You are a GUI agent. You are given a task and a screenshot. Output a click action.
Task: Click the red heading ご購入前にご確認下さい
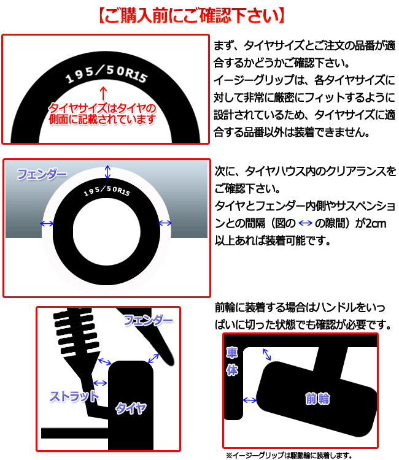coord(192,15)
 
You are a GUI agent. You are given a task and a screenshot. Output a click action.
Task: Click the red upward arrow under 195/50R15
coord(103,93)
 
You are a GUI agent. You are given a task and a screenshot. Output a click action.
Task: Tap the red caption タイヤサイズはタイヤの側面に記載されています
coord(102,114)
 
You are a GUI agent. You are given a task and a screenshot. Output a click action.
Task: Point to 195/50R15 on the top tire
coord(106,74)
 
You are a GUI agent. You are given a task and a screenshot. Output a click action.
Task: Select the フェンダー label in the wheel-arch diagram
coord(42,175)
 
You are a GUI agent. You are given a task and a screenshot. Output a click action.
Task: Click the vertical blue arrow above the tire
coord(108,172)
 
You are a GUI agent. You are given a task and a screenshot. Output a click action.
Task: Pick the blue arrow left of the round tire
coord(47,224)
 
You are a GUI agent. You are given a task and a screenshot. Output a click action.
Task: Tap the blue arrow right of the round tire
coord(165,223)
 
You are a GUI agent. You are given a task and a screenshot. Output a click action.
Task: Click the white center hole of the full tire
coord(107,231)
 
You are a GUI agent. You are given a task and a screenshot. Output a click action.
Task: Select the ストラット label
coord(74,396)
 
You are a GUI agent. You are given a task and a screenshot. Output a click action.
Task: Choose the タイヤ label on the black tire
coord(131,408)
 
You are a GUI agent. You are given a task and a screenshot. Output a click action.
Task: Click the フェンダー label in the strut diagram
coord(149,320)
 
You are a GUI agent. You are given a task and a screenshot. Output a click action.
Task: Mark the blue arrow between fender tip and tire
coord(153,358)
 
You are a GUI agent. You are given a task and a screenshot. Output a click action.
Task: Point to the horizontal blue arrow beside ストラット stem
coord(100,383)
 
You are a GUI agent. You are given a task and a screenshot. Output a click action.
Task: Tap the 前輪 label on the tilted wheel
coord(317,399)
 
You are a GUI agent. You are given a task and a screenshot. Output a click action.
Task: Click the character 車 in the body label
coord(232,353)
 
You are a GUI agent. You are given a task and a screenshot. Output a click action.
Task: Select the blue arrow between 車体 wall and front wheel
coord(250,400)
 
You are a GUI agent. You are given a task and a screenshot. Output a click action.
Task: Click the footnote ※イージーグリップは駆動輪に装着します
coord(289,455)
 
